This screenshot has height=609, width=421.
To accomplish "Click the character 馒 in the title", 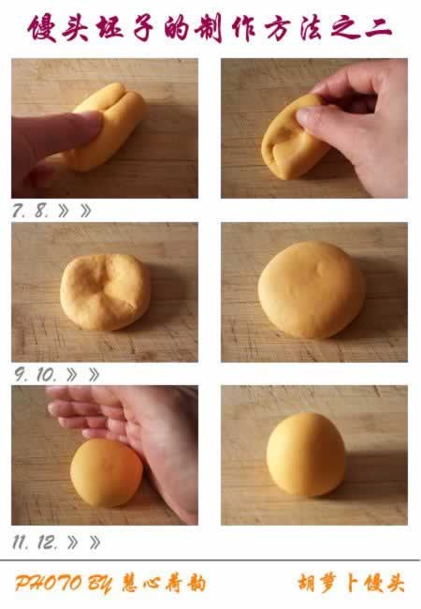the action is (x=42, y=28).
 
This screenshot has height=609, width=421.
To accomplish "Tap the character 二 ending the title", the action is (x=379, y=29).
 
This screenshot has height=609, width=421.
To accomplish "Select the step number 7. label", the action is (x=18, y=211).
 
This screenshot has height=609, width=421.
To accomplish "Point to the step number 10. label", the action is (x=47, y=375).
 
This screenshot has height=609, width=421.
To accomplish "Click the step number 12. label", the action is (x=48, y=542).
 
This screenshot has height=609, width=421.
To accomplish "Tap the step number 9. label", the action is (x=21, y=375).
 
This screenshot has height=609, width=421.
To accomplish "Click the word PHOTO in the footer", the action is (x=49, y=584).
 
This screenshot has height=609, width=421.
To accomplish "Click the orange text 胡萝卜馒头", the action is (x=351, y=584).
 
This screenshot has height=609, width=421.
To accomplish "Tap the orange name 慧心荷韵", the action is (x=164, y=584).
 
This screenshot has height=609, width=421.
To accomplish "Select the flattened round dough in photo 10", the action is (x=312, y=290).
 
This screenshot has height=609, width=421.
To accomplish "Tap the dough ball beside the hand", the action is (x=107, y=472).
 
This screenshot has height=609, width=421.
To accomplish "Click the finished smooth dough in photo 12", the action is (x=306, y=454).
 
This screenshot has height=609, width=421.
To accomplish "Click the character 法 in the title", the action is (x=311, y=29).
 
